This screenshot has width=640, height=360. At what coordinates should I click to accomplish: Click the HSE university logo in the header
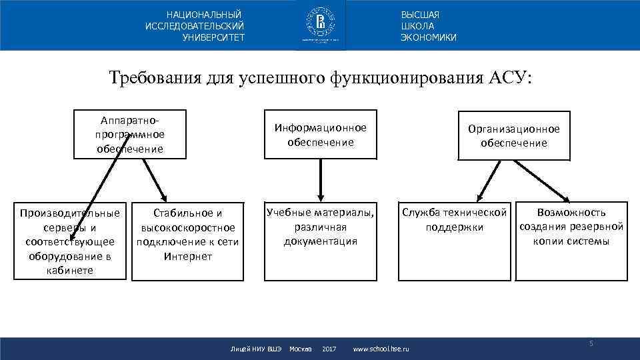pyautogui.click(x=320, y=25)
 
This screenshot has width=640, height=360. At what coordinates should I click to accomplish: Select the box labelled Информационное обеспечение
pyautogui.click(x=320, y=135)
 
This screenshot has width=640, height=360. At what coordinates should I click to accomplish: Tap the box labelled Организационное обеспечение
pyautogui.click(x=513, y=136)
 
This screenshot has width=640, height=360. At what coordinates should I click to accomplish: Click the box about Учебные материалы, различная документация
pyautogui.click(x=320, y=227)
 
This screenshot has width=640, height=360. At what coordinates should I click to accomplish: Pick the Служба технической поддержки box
pyautogui.click(x=454, y=221)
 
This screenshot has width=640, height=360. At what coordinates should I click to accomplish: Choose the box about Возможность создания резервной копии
pyautogui.click(x=571, y=227)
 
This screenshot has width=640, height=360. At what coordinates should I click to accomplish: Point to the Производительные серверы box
pyautogui.click(x=71, y=241)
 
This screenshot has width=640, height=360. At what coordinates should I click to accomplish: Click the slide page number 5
pyautogui.click(x=590, y=343)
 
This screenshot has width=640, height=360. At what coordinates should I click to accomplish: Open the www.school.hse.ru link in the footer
pyautogui.click(x=381, y=349)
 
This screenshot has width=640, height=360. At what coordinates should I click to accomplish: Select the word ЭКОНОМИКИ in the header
pyautogui.click(x=429, y=37)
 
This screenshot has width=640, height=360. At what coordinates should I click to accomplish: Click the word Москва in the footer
pyautogui.click(x=301, y=349)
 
